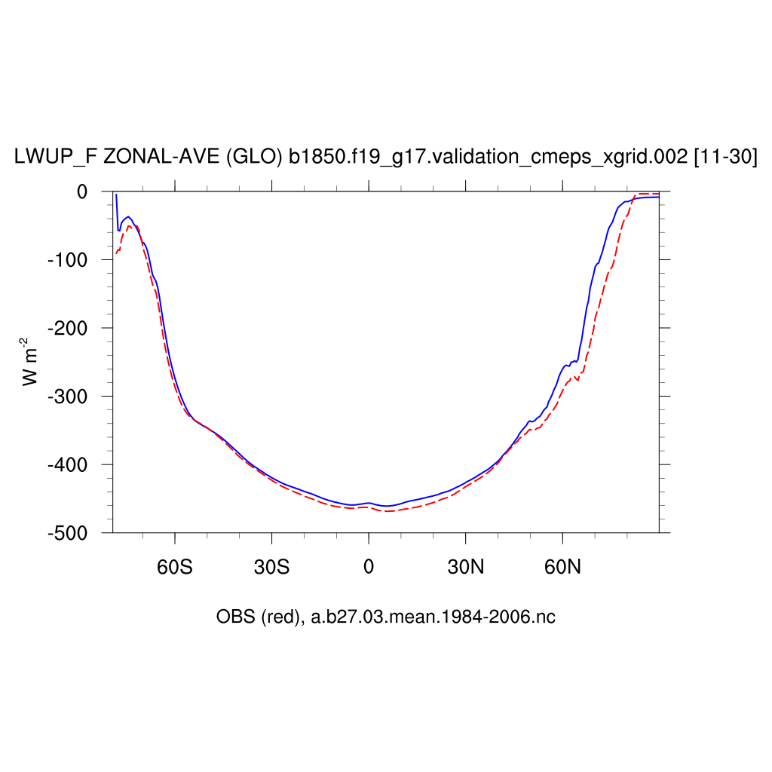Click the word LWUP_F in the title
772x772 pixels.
(55, 158)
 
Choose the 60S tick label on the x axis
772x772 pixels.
(175, 566)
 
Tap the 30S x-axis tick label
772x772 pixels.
(271, 566)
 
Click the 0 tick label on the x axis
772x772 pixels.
(369, 566)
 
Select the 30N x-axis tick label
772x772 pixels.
(465, 566)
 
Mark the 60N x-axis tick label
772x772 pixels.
(562, 566)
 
